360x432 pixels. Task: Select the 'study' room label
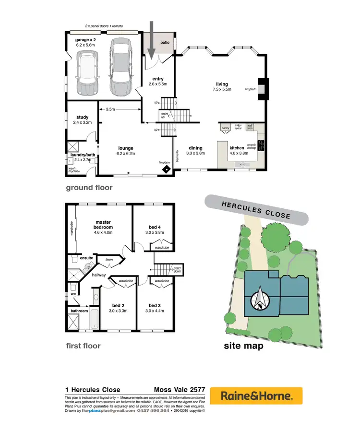[83, 117]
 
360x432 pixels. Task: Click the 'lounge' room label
[126, 148]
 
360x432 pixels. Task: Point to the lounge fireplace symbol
[166, 169]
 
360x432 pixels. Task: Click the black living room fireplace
[262, 89]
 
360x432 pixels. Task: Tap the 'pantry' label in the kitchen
[225, 128]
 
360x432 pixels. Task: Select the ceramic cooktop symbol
[261, 144]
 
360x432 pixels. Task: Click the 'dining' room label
[195, 148]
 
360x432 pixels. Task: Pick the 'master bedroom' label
[104, 224]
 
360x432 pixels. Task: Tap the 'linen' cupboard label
[109, 260]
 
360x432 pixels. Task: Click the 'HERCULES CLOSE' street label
[256, 210]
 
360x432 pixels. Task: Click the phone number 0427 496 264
[153, 410]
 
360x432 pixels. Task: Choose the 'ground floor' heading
[89, 187]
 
